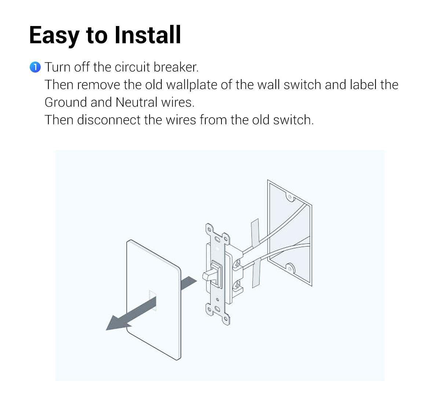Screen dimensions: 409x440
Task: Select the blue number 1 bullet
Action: (35, 67)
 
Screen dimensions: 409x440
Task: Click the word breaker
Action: (176, 67)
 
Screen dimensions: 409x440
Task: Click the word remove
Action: (99, 85)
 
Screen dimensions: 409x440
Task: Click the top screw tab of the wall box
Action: (290, 198)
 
